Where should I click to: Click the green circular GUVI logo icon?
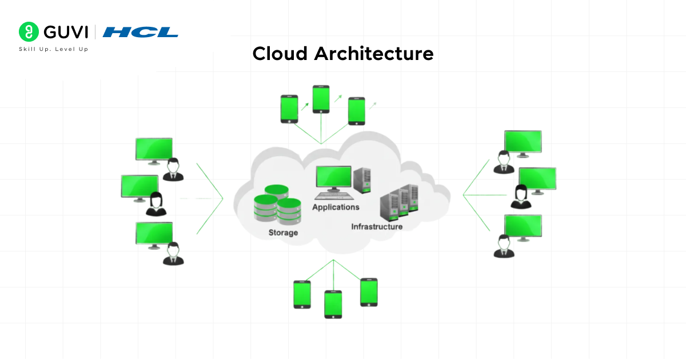[29, 32]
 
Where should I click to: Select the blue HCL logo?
[141, 33]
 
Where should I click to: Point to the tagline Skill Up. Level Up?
[54, 50]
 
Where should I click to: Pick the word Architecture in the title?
[374, 54]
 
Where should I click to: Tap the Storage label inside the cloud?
[283, 233]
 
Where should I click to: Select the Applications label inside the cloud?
[336, 207]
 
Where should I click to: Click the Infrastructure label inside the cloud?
[377, 227]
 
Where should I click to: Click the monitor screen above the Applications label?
[334, 177]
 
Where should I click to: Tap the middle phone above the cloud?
[321, 99]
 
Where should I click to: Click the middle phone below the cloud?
[333, 304]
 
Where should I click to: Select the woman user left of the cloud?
[155, 205]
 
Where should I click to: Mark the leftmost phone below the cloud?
[302, 294]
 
